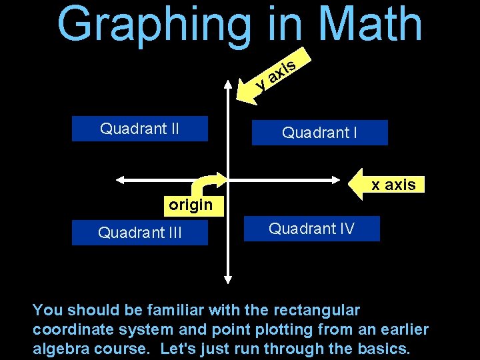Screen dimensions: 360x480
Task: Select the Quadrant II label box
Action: [x=140, y=128]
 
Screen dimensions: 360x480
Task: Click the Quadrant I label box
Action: [x=319, y=133]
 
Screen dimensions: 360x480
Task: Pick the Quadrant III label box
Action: [x=140, y=233]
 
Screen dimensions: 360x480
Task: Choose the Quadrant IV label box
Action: [x=311, y=229]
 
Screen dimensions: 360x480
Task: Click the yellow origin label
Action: [x=190, y=205]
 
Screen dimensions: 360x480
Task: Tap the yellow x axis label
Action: [x=393, y=185]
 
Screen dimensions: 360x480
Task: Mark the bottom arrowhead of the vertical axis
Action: [x=228, y=279]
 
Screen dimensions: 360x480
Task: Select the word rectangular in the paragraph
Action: [x=315, y=310]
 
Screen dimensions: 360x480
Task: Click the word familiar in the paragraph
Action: [x=170, y=310]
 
